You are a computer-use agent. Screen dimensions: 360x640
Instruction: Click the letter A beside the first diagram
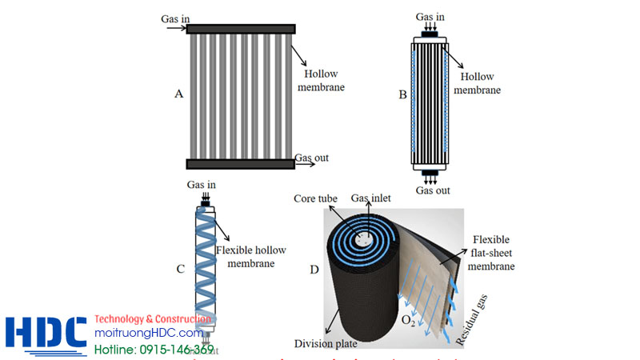coord(179,94)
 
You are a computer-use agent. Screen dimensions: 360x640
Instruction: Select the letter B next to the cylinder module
coord(403,94)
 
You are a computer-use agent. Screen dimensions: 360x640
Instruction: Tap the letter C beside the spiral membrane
coord(180,268)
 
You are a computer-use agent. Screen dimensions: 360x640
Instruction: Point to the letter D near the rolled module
coord(314,269)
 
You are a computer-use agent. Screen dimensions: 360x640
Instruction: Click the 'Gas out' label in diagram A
coord(311,158)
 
